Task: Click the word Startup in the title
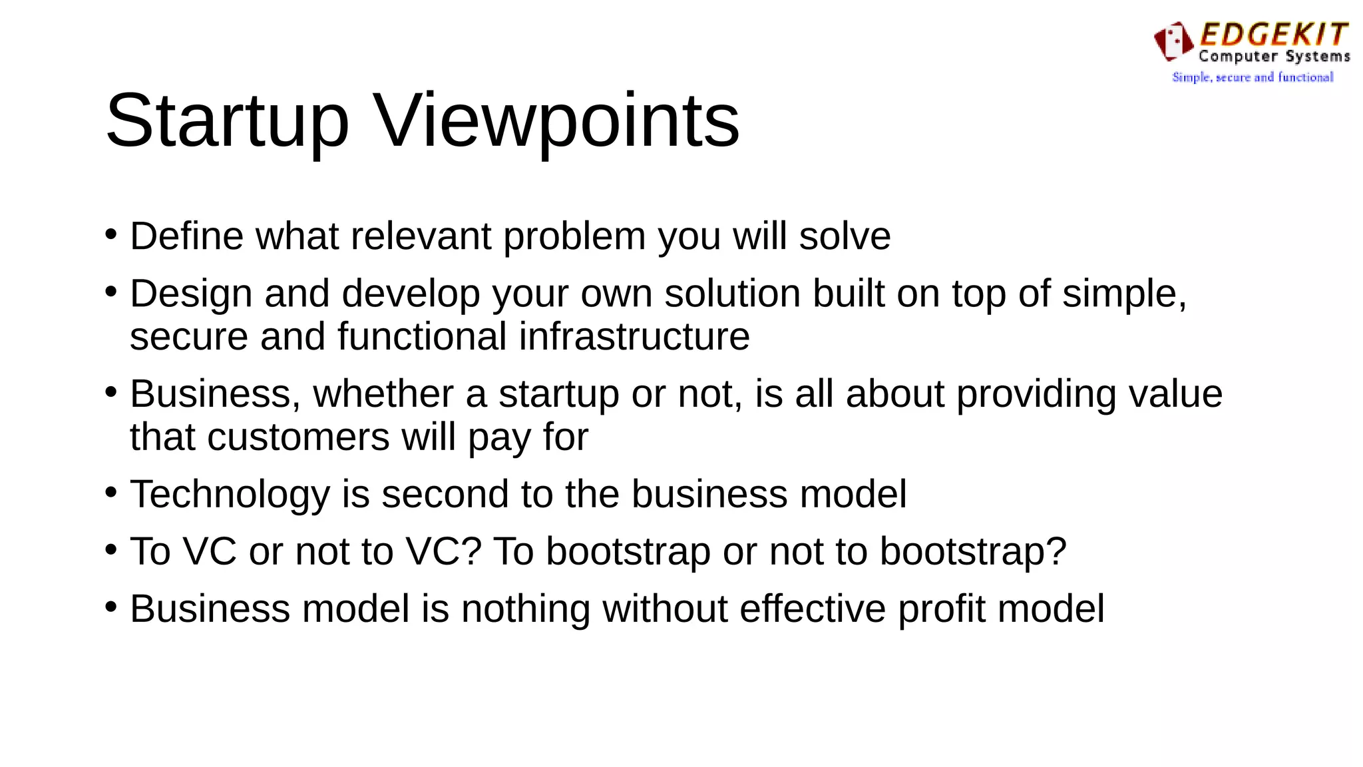tap(227, 122)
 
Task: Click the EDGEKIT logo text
tap(1274, 35)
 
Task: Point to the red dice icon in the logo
tap(1173, 40)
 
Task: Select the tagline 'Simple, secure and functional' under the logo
tap(1253, 77)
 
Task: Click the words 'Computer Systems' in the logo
tap(1274, 57)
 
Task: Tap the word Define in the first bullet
tap(187, 236)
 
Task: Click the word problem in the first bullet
tap(574, 236)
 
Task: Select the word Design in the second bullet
tap(191, 294)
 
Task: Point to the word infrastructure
tap(634, 336)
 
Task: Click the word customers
tap(298, 437)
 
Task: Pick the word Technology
tap(230, 495)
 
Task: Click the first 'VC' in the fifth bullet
tap(210, 552)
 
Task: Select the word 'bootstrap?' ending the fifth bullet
tap(973, 552)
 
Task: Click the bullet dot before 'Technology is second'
tap(111, 493)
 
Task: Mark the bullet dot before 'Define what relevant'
tap(111, 234)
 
